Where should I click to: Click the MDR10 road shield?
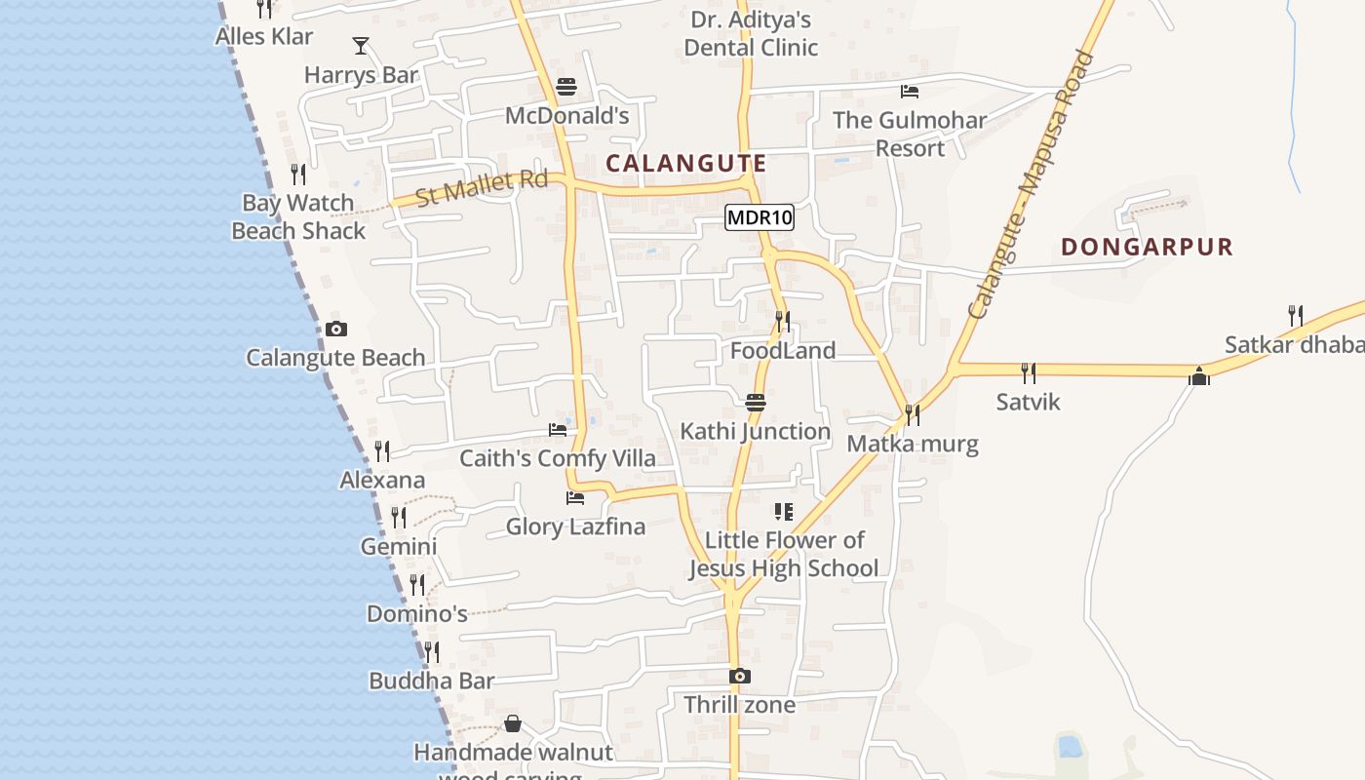(760, 217)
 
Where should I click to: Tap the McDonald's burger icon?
(566, 87)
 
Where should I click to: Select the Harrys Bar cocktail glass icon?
(361, 45)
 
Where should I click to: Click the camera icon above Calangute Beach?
(336, 329)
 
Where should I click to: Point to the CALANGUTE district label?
(685, 163)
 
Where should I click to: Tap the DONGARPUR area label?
(1147, 247)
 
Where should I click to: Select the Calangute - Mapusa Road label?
(1032, 185)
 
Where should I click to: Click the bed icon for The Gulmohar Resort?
(910, 92)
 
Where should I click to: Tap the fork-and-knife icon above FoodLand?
(782, 320)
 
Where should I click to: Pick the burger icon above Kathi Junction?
(755, 402)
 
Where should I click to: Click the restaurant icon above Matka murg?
(913, 414)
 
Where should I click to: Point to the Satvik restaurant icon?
(1028, 372)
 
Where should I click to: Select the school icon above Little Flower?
(783, 511)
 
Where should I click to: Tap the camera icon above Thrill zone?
(739, 676)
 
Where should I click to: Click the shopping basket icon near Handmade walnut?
(513, 723)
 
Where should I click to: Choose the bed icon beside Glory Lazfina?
(575, 498)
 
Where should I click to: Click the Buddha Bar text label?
(432, 681)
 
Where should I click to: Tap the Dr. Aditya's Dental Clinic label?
(751, 33)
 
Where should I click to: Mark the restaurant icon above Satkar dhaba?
(1295, 315)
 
